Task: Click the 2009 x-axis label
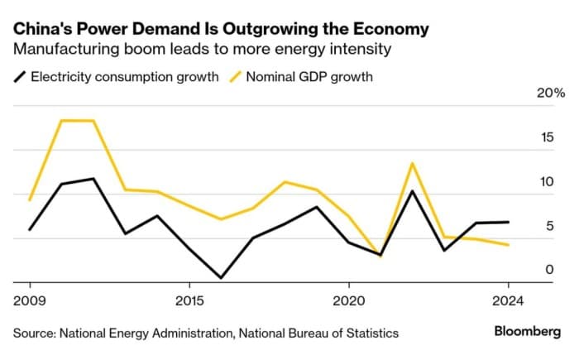[30, 299]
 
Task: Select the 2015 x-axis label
[189, 299]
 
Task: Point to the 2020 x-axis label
[348, 299]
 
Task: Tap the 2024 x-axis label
[508, 299]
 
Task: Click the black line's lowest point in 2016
[221, 278]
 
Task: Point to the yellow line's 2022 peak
[412, 163]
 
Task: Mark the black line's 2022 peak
[412, 191]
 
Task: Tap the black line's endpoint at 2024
[508, 222]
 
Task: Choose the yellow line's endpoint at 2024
[508, 245]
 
